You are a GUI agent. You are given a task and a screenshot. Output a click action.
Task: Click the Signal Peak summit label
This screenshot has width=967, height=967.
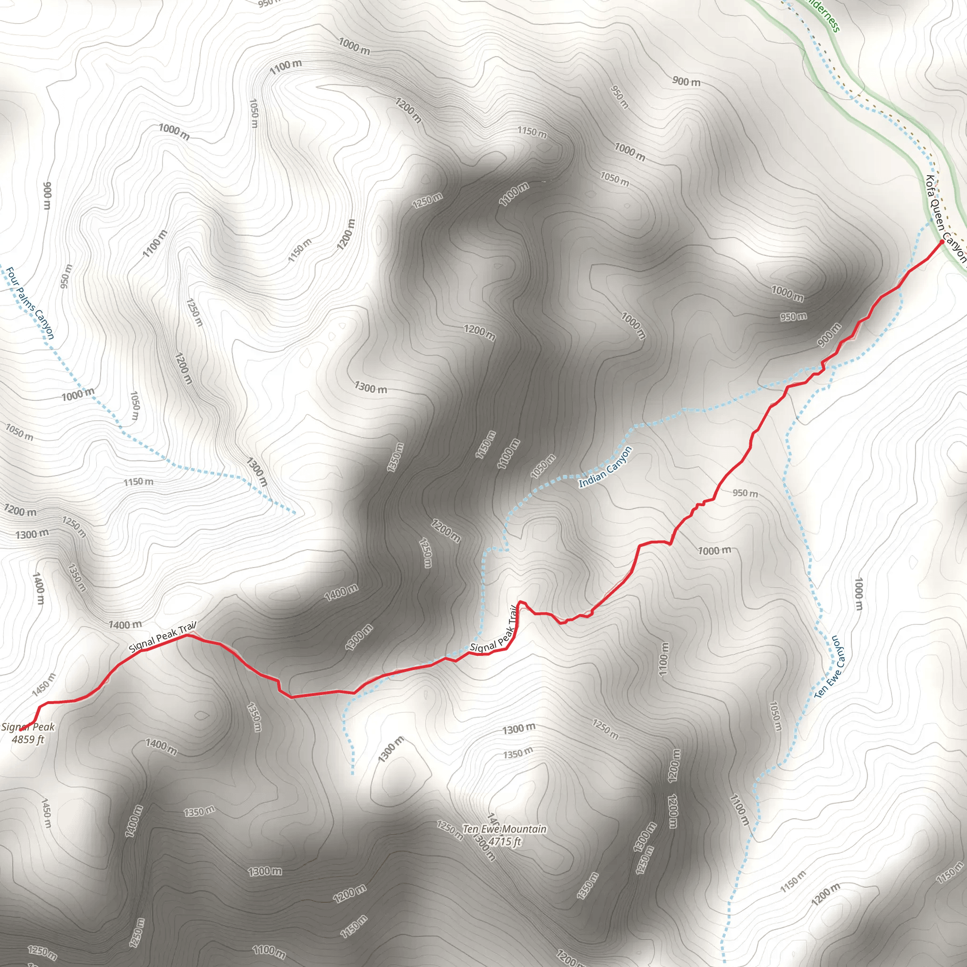[28, 727]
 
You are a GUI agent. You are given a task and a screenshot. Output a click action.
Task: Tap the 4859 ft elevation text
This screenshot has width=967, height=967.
[28, 739]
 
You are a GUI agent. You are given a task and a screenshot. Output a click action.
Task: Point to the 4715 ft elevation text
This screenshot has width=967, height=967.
[505, 841]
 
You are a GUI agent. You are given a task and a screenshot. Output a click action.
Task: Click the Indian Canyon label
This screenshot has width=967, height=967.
[605, 467]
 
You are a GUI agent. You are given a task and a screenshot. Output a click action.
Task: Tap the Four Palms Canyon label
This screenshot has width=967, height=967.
[30, 303]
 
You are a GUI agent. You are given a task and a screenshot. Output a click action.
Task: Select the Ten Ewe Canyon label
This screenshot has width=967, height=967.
[831, 667]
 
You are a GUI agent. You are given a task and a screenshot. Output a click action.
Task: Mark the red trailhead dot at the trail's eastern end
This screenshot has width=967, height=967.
[942, 242]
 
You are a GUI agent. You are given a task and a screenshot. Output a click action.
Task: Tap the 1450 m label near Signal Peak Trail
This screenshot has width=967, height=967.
[44, 685]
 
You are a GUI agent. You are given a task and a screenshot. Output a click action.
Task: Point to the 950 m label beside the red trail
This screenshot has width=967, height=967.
[745, 493]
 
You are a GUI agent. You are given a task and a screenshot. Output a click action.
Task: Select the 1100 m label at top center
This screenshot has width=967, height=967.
[286, 67]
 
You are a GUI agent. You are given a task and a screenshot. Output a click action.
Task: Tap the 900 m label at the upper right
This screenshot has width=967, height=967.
[686, 81]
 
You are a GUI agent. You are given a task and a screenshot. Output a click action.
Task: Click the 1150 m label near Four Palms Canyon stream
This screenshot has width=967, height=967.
[139, 482]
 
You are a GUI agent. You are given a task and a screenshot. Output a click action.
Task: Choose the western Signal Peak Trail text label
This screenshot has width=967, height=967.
[163, 636]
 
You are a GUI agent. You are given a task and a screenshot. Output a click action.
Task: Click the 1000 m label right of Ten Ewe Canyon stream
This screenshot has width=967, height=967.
[859, 594]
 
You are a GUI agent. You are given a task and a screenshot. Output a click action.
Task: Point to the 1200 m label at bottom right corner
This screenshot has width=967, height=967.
[825, 895]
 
